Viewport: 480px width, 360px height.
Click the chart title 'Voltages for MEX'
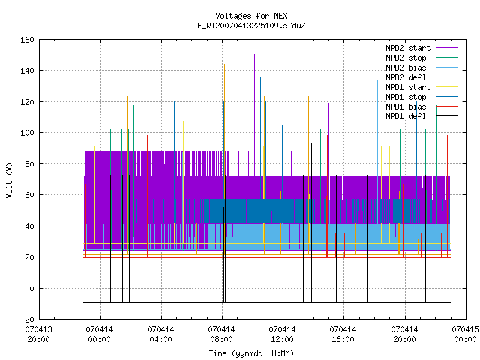tap(251, 16)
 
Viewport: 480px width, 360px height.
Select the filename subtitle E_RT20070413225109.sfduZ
tap(251, 25)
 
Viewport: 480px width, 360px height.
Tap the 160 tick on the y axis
tap(27, 40)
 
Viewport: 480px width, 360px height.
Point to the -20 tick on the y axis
tap(27, 319)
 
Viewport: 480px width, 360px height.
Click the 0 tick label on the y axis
tap(31, 288)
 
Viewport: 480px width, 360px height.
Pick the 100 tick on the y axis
tap(27, 133)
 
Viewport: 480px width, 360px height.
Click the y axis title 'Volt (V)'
tap(9, 181)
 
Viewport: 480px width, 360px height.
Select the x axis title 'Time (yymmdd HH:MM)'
tap(251, 353)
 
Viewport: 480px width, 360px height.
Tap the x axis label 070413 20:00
tap(38, 334)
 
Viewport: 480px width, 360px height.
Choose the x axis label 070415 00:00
tap(465, 334)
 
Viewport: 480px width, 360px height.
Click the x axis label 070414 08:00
tap(221, 334)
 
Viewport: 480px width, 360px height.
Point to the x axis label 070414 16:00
tap(343, 334)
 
